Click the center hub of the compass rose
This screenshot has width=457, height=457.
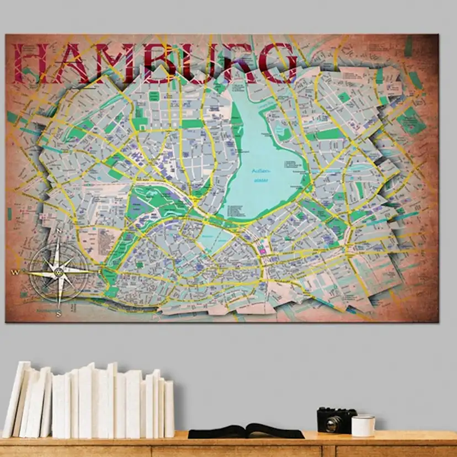coord(59,272)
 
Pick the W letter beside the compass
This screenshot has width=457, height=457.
coord(16,272)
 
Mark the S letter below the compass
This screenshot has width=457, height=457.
coord(59,314)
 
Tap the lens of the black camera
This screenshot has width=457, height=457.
coord(334,423)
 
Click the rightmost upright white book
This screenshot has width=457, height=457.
coord(169,408)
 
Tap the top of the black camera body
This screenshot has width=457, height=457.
coord(336,411)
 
